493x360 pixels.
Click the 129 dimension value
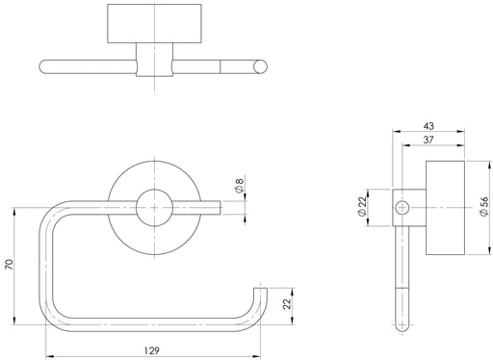pyautogui.click(x=151, y=350)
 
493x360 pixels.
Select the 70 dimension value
pyautogui.click(x=10, y=264)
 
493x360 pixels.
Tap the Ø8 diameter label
pyautogui.click(x=240, y=186)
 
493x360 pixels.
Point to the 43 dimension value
pyautogui.click(x=428, y=126)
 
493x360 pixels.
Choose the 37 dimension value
pyautogui.click(x=428, y=140)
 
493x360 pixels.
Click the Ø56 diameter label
pyautogui.click(x=484, y=206)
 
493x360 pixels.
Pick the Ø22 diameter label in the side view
pyautogui.click(x=362, y=206)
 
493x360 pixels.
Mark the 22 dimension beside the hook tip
pyautogui.click(x=287, y=303)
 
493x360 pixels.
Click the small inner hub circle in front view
pyautogui.click(x=154, y=208)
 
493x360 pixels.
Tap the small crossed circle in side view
pyautogui.click(x=402, y=208)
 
